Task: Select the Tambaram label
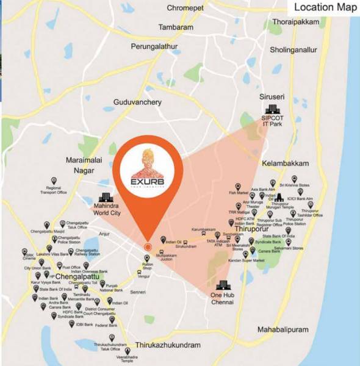tap(176, 27)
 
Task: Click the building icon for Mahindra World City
tap(105, 198)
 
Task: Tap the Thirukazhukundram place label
tap(168, 345)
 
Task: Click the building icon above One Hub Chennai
tap(223, 285)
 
